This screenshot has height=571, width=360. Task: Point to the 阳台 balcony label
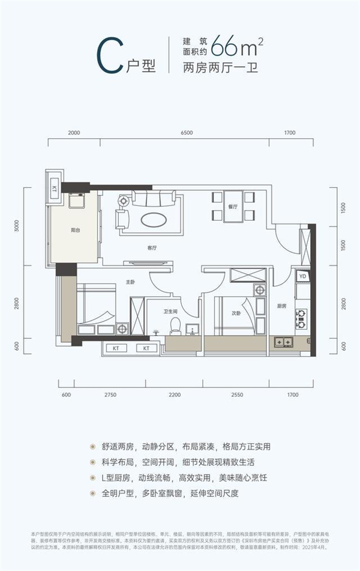tap(76, 229)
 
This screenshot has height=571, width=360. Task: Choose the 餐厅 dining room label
tap(233, 207)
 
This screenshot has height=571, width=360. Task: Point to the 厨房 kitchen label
tap(281, 306)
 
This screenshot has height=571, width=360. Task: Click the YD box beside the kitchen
tap(302, 276)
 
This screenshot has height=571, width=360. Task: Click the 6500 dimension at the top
tap(186, 133)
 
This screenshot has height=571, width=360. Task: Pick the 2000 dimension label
tap(74, 133)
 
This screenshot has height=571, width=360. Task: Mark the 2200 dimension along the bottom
tap(174, 394)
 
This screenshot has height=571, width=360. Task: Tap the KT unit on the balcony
tap(55, 189)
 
